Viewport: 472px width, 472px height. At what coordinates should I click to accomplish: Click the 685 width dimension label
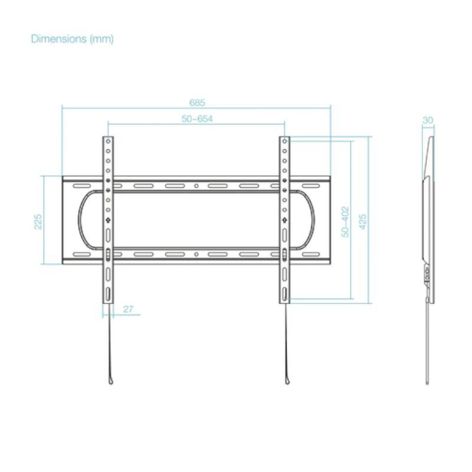click(x=197, y=103)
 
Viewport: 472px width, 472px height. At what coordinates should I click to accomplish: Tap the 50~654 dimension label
click(x=197, y=119)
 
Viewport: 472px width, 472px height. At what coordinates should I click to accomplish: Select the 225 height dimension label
click(x=38, y=222)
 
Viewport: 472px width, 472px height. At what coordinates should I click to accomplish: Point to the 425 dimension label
click(x=363, y=222)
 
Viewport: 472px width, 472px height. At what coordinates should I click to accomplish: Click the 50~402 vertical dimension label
click(x=345, y=222)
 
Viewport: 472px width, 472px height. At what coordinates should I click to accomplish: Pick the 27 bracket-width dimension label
click(x=128, y=309)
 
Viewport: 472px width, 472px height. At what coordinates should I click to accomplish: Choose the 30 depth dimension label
click(x=428, y=120)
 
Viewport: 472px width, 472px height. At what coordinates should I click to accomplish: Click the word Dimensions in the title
click(x=59, y=39)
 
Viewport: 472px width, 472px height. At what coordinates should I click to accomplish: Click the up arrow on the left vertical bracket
click(x=108, y=220)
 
